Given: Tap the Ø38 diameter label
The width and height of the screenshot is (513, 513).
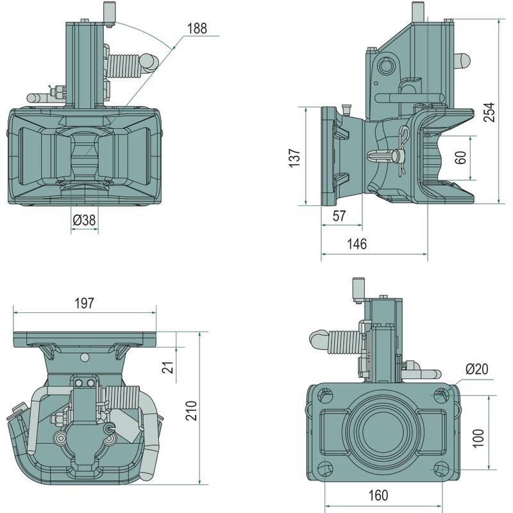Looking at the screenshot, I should pyautogui.click(x=84, y=220).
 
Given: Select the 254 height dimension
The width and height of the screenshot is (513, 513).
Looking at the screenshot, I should pyautogui.click(x=490, y=112).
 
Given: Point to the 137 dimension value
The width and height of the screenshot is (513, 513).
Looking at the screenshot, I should pyautogui.click(x=294, y=158).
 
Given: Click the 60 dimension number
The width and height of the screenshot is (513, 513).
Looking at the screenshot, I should pyautogui.click(x=460, y=158).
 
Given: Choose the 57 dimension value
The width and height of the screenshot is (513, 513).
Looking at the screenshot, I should pyautogui.click(x=340, y=216).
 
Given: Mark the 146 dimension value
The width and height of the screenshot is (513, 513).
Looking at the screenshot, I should pyautogui.click(x=357, y=244).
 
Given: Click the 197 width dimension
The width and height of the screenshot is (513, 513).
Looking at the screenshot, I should pyautogui.click(x=84, y=304).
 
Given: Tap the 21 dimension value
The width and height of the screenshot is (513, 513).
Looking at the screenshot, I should pyautogui.click(x=167, y=367).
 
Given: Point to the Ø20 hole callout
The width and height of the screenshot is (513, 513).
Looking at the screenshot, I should pyautogui.click(x=476, y=369).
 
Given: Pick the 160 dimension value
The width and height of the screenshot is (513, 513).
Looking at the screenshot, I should pyautogui.click(x=378, y=495).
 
